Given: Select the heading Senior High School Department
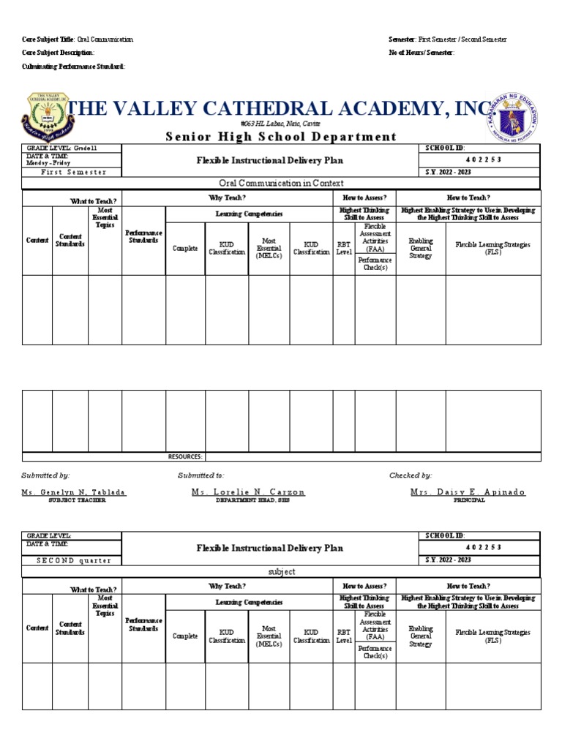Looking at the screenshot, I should (281, 137).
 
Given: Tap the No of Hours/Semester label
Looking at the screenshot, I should (421, 53).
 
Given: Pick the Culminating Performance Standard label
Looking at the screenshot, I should (73, 67).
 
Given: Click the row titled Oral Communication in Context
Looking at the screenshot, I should (281, 184).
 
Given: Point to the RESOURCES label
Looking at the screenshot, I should (185, 456).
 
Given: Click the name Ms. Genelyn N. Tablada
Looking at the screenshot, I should (74, 492).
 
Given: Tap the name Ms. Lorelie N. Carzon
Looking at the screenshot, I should (248, 492).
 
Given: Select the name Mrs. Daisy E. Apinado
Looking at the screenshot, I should (468, 492).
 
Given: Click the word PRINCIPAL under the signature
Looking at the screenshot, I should (469, 500).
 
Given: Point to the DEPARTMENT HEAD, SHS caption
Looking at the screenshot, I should (248, 500).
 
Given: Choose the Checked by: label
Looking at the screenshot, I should (411, 475).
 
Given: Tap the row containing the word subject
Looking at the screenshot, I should (281, 572).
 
